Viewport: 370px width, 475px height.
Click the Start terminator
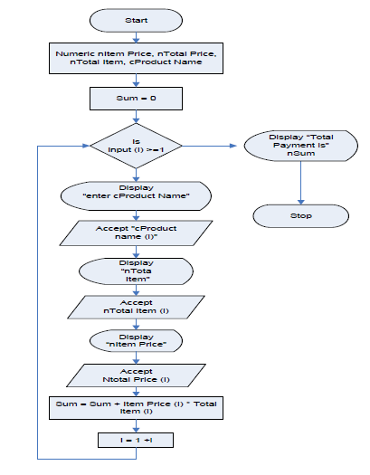point(136,20)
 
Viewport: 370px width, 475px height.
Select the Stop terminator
point(300,215)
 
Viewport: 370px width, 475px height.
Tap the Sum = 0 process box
point(136,99)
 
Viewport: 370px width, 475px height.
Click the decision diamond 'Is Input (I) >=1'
point(136,146)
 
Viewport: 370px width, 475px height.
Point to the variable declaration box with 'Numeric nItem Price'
point(136,58)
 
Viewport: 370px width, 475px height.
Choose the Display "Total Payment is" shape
point(300,146)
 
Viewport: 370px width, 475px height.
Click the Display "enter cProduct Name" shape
point(136,196)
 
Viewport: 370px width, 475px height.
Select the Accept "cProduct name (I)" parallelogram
point(136,233)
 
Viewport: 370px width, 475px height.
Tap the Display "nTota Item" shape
point(136,271)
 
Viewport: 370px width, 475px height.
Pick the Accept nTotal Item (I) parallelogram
point(136,307)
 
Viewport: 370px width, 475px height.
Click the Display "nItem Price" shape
point(136,341)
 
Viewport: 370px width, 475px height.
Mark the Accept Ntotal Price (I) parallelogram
point(136,375)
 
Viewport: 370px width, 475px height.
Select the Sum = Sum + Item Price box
point(136,408)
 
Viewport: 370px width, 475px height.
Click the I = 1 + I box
point(136,440)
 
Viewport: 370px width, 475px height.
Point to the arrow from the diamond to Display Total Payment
point(209,146)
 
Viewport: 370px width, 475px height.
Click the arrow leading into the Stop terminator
point(300,183)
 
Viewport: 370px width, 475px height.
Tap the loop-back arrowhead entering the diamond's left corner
point(86,146)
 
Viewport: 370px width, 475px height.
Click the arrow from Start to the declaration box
point(136,37)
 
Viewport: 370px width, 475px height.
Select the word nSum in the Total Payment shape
point(300,153)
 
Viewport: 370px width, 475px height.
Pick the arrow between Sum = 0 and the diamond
point(136,117)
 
